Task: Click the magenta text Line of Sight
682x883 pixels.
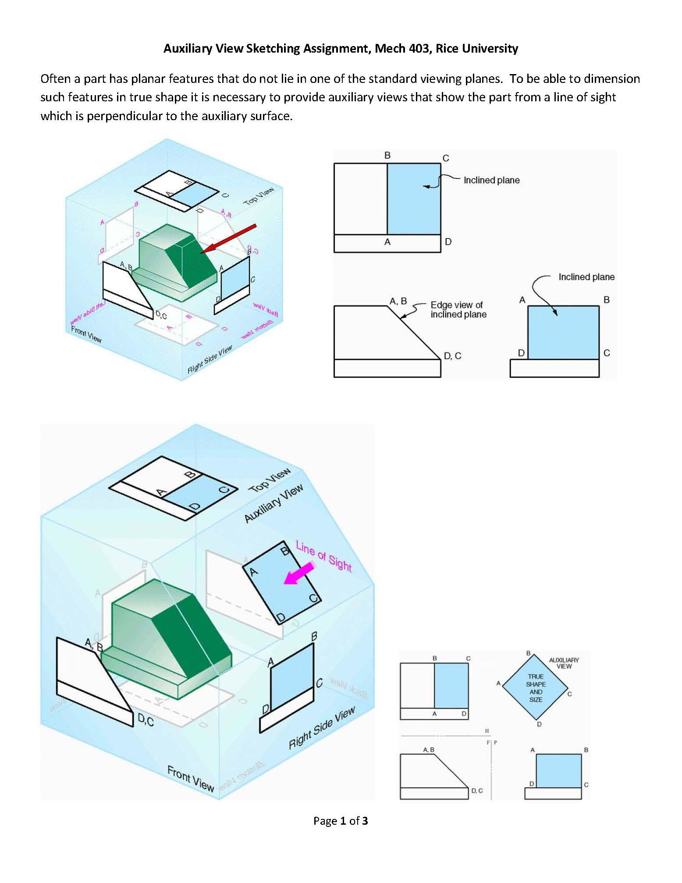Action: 324,556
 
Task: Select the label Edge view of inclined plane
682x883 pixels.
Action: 458,310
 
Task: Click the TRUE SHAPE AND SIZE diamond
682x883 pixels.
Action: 535,687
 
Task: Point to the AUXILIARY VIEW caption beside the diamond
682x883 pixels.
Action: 564,663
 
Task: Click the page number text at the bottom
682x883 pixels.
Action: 341,821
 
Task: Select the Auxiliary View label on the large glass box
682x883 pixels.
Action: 274,503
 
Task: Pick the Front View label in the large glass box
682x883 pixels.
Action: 190,779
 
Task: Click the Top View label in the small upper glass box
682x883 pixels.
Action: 259,196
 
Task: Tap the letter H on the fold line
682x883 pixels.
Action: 487,731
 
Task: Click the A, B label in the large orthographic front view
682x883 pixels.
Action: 398,301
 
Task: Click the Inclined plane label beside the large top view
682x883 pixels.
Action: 491,180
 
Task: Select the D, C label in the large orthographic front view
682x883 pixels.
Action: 452,356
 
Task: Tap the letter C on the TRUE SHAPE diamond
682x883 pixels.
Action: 569,694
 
